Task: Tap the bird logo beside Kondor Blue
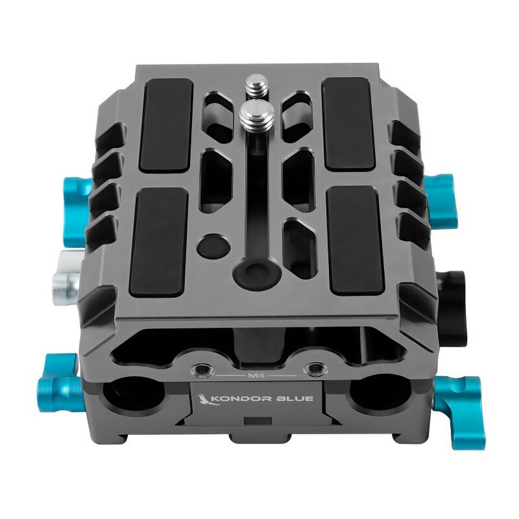(x=203, y=400)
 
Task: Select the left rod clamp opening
(x=134, y=400)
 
